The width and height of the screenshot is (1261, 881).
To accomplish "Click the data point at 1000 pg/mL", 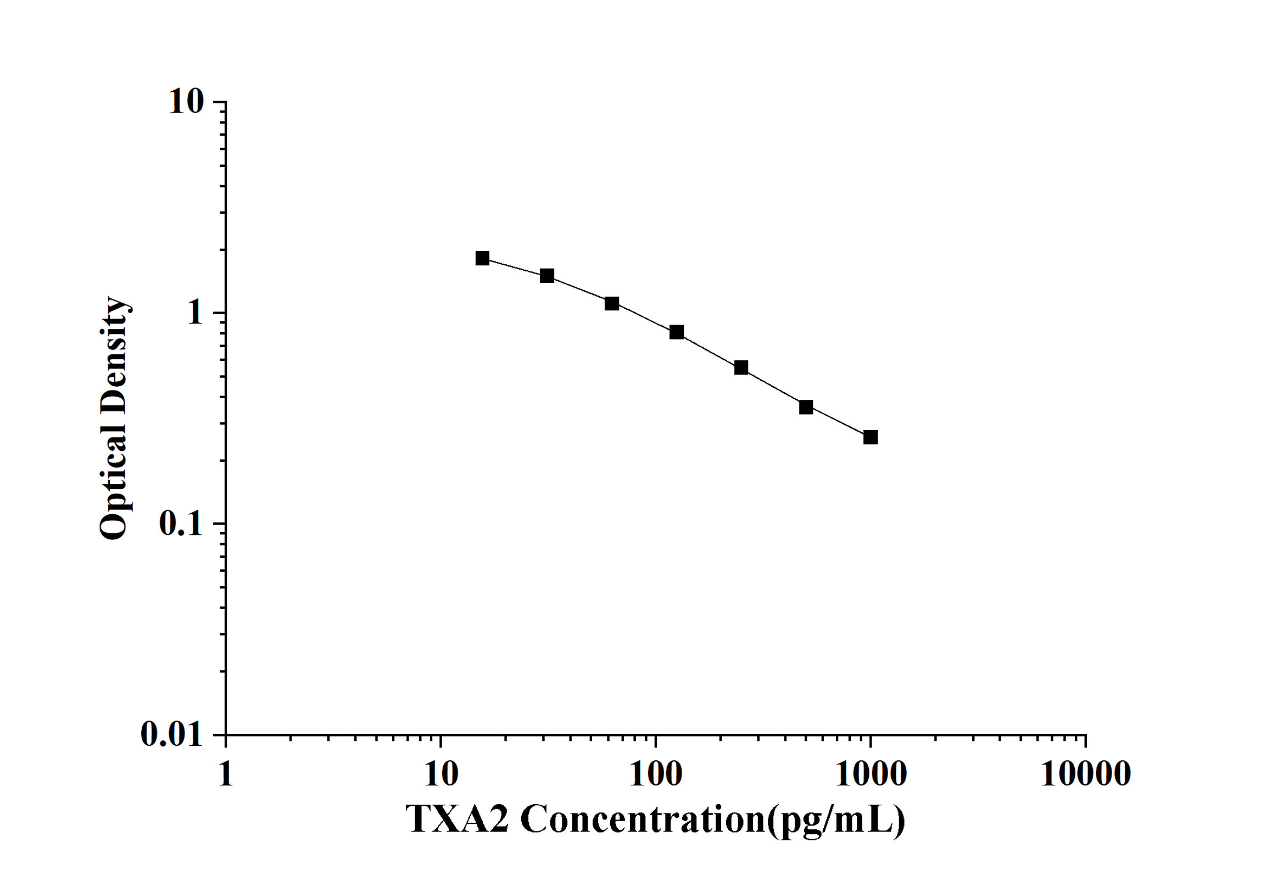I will [870, 437].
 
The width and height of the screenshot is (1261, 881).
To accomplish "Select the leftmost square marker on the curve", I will [482, 258].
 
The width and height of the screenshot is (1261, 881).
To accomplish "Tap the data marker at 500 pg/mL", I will [806, 407].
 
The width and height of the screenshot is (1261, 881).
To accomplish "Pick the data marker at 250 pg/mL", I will [741, 367].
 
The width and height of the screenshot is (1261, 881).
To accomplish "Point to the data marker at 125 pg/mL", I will [677, 332].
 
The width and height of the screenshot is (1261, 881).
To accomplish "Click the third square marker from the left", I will [612, 303].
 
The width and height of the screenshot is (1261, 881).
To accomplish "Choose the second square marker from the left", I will [547, 276].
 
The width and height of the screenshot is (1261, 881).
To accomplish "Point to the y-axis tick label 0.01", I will [172, 734].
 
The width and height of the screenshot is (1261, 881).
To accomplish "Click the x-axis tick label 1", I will [226, 774].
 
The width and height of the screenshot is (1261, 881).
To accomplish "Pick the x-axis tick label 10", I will [440, 774].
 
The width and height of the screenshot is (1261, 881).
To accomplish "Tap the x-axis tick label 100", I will [655, 774].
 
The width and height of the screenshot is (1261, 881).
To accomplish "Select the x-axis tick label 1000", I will [871, 774].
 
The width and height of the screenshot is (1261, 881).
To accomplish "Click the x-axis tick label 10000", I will [1085, 774].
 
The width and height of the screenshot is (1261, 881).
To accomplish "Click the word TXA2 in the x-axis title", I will [457, 819].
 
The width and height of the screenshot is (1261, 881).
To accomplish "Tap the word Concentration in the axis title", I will [643, 819].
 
